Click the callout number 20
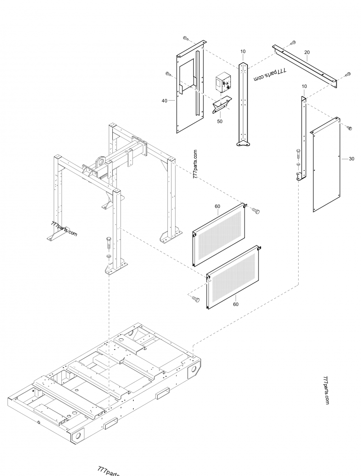pyautogui.click(x=307, y=52)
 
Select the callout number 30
pyautogui.click(x=351, y=158)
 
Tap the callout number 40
pyautogui.click(x=165, y=101)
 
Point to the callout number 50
pyautogui.click(x=220, y=121)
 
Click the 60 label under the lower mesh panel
pyautogui.click(x=236, y=304)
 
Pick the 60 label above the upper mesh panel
pyautogui.click(x=217, y=206)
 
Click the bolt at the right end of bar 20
pyautogui.click(x=347, y=74)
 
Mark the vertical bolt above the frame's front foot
pyautogui.click(x=109, y=242)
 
